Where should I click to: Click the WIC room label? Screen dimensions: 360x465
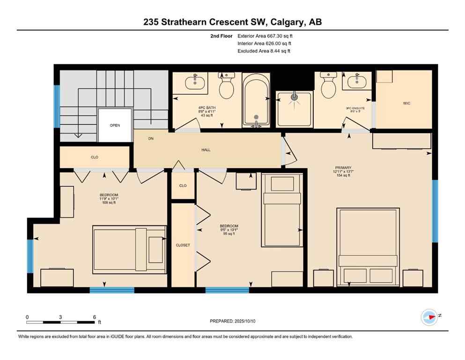click(406, 103)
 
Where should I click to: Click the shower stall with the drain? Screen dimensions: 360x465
click(294, 109)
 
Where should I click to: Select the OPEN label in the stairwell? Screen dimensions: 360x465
click(115, 125)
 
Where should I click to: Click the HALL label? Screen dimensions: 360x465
click(206, 150)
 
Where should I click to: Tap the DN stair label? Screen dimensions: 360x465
click(151, 139)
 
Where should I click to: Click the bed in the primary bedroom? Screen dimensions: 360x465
click(368, 246)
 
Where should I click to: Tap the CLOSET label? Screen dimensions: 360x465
click(183, 245)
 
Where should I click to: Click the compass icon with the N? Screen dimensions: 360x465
click(429, 317)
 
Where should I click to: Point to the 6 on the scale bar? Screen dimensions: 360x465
click(95, 317)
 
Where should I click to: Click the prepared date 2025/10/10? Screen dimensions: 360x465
click(252, 321)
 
